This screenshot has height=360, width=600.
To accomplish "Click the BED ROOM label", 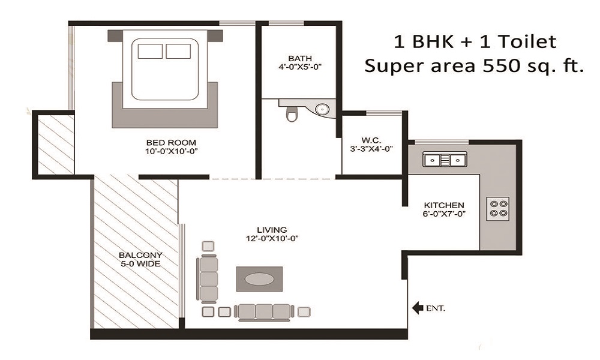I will click(x=172, y=142).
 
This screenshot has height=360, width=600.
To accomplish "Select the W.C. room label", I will click(x=371, y=140).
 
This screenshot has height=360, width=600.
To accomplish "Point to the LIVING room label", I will click(x=272, y=229).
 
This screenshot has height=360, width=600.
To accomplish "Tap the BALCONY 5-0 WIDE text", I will click(x=139, y=258).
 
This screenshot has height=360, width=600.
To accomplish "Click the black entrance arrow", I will click(x=417, y=308).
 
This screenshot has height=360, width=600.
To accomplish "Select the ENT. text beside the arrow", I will click(x=436, y=309).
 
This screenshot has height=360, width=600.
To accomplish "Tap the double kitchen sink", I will click(x=445, y=160).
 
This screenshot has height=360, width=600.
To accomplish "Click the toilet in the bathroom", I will click(x=292, y=113).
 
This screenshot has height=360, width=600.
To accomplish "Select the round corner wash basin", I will click(x=323, y=109).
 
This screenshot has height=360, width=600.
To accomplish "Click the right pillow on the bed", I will click(x=178, y=51).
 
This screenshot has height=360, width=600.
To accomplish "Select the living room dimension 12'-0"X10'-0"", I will click(x=272, y=238).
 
